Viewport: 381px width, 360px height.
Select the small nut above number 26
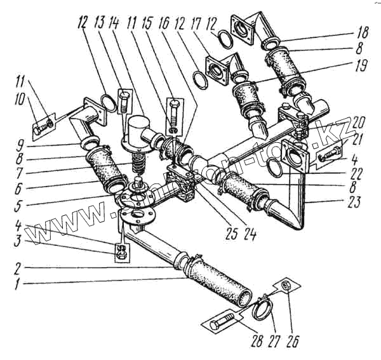[x=286, y=286]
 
